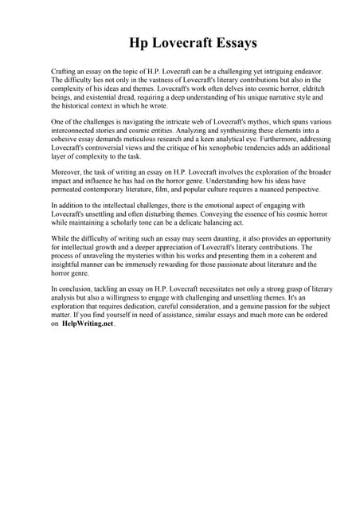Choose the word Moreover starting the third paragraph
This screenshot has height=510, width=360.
[68, 171]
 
